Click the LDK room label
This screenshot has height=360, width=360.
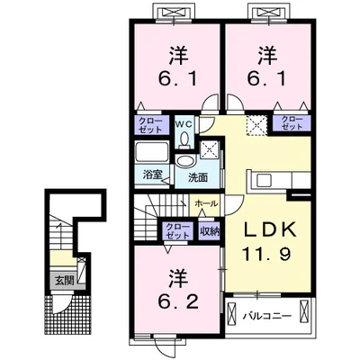tap(269, 230)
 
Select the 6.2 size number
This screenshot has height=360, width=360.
tap(178, 301)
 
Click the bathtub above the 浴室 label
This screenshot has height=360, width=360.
tap(152, 151)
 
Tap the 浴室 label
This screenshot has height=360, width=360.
tap(152, 175)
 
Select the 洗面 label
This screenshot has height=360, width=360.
tap(198, 177)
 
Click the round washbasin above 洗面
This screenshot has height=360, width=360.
tap(184, 161)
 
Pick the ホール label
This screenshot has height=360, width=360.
tap(205, 203)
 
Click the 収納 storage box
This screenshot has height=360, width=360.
tap(210, 230)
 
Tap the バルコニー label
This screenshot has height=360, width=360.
tap(267, 316)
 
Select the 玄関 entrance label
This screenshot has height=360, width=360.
tap(64, 281)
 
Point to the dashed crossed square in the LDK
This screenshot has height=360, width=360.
tap(256, 125)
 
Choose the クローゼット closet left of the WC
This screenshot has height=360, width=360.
tap(150, 125)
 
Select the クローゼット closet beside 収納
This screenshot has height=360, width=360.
tap(178, 230)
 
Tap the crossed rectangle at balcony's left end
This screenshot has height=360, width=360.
tap(232, 314)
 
